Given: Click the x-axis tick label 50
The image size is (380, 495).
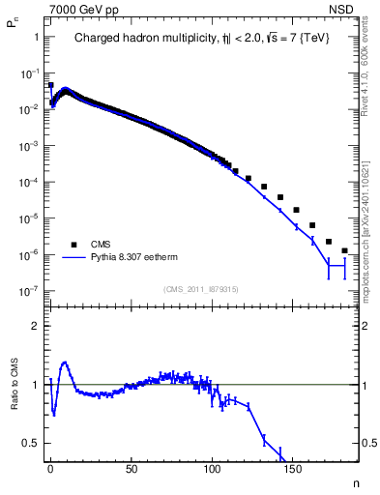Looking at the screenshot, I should (131, 469).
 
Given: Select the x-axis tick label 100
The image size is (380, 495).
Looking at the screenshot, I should (212, 469).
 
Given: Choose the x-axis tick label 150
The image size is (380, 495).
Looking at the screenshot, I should (293, 469).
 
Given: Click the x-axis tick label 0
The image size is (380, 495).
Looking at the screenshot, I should (50, 469).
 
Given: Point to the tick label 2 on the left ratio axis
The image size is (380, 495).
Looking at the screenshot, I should (36, 326).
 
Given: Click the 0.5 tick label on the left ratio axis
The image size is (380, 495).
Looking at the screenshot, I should (31, 443).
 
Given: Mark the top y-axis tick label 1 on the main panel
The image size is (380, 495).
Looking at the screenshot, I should (36, 37).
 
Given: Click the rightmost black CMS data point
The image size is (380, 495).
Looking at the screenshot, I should (345, 250).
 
